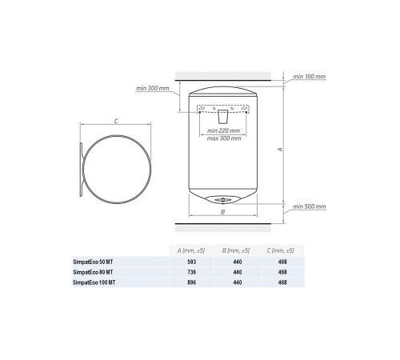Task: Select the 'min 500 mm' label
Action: pos(310,206)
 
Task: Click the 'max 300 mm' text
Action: pos(223,137)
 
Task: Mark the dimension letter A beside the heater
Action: pos(278,148)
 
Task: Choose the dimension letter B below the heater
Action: pos(224,212)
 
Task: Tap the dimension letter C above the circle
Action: pos(117,121)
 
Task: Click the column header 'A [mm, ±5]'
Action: pos(191,251)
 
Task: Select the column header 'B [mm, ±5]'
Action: pos(237,251)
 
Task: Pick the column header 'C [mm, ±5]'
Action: pos(282,251)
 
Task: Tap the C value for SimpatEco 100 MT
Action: pos(282,282)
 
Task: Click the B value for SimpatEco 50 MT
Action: pos(237,263)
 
